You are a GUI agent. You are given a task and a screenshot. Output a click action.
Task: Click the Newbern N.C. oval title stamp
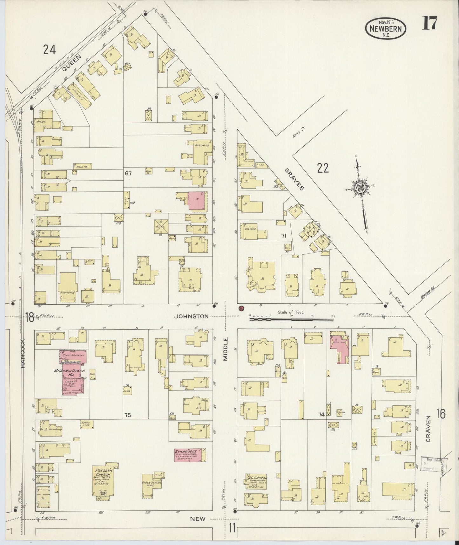pyautogui.click(x=386, y=28)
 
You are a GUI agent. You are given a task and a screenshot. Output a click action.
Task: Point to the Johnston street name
pyautogui.click(x=192, y=316)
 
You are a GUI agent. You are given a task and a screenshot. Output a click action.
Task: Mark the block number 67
pyautogui.click(x=128, y=173)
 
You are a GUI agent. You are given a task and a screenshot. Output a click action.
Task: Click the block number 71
pyautogui.click(x=284, y=236)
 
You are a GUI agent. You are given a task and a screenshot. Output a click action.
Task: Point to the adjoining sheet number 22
pyautogui.click(x=322, y=168)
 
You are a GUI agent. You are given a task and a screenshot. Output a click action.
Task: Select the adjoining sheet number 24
pyautogui.click(x=50, y=49)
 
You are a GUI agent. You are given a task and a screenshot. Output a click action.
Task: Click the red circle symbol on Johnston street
pyautogui.click(x=241, y=308)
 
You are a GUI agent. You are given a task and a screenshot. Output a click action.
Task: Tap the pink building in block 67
pyautogui.click(x=197, y=201)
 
